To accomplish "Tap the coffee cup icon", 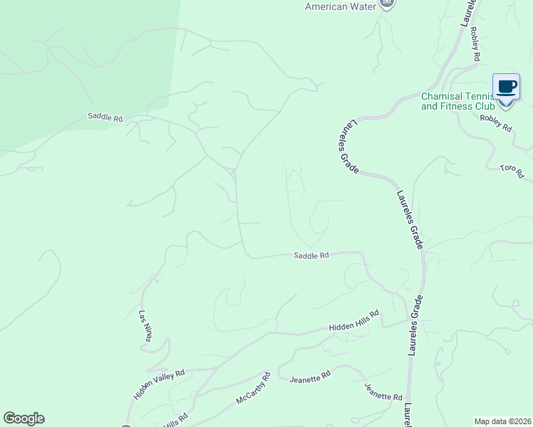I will click(506, 88).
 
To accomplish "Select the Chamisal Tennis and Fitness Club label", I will click(457, 101).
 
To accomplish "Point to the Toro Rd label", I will click(512, 172).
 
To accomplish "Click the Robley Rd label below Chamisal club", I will click(496, 123).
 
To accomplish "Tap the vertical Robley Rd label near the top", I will click(475, 47).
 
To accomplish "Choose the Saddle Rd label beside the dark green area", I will click(105, 117).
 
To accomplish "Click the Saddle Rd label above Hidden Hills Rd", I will click(311, 255).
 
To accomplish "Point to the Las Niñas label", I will click(145, 326).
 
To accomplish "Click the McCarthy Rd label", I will click(254, 388).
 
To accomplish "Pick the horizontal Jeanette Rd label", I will click(310, 377).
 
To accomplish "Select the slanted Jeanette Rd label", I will click(383, 391).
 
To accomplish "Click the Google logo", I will click(24, 418).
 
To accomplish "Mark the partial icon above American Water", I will click(385, 4).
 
